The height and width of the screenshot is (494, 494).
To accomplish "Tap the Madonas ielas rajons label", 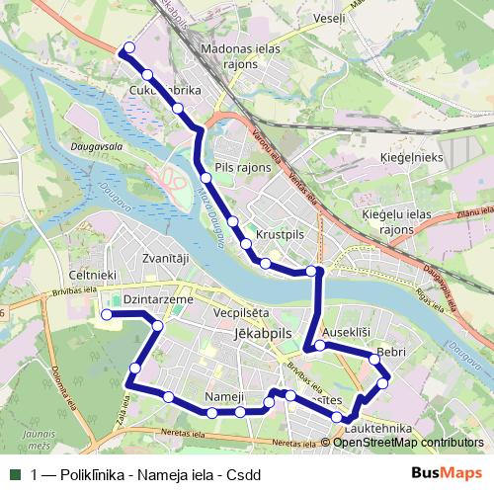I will [x=240, y=56].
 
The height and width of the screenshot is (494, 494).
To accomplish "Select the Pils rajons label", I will [x=243, y=169].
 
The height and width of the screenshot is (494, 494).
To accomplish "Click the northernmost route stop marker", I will [x=128, y=47].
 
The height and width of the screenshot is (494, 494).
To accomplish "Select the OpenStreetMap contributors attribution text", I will [x=408, y=443].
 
